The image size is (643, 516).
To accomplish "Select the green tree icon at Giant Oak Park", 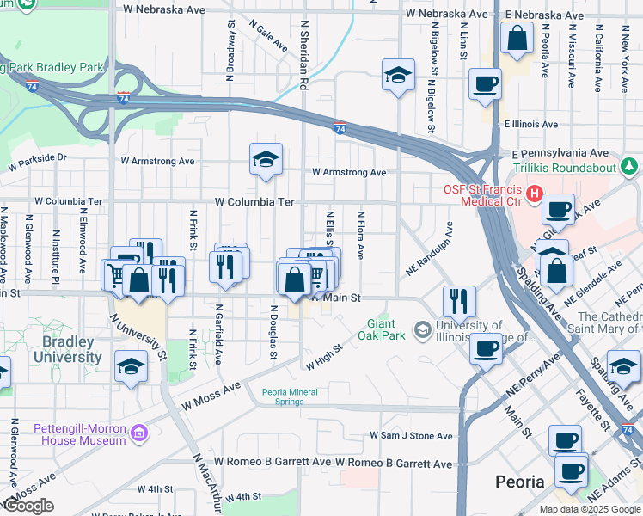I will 369,322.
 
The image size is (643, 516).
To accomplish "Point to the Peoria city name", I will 520,481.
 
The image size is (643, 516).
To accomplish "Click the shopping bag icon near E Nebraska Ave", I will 517,39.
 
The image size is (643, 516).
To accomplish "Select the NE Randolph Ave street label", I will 429,252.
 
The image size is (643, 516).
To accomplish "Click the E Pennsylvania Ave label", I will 554,152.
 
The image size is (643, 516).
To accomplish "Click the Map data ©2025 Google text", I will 589,509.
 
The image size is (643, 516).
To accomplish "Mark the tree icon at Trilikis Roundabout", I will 630,165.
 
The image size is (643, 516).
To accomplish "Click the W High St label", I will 324,357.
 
